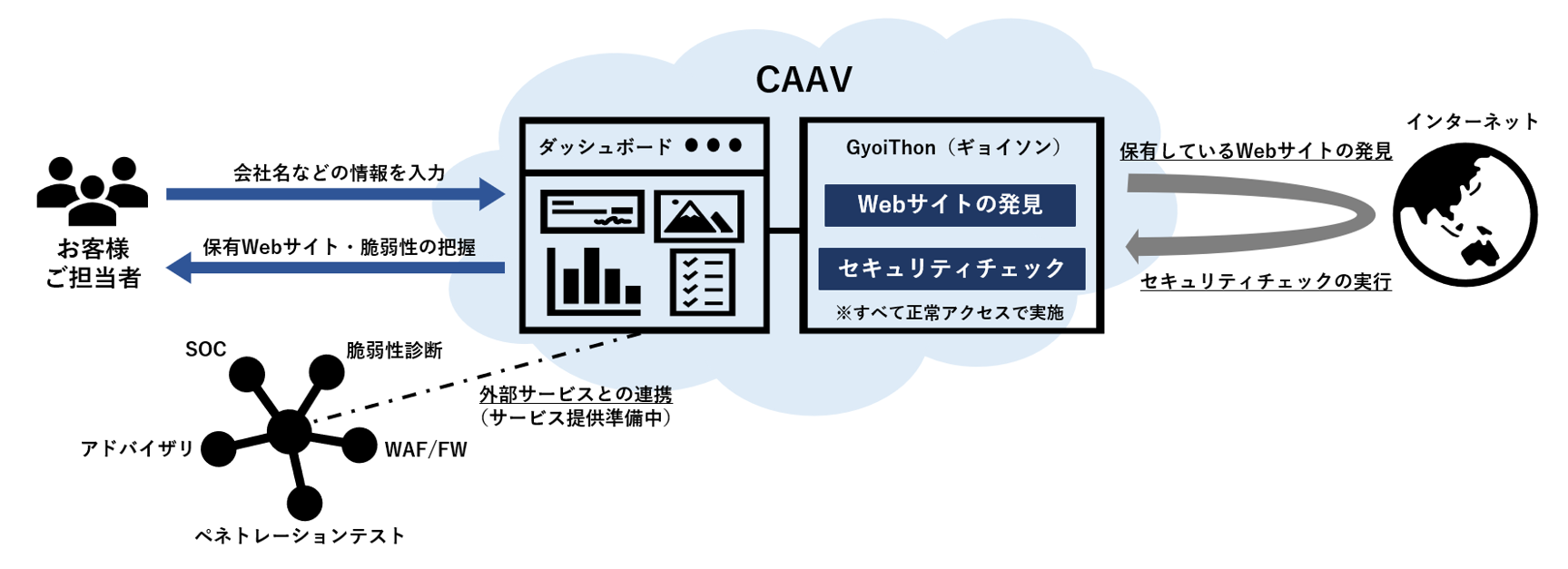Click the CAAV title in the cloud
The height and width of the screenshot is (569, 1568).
tap(804, 80)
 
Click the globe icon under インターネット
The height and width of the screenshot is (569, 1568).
tap(1464, 215)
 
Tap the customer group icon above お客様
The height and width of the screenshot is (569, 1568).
tap(92, 191)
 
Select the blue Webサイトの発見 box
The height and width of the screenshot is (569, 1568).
tap(950, 205)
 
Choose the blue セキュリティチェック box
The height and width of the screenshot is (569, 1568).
tap(952, 269)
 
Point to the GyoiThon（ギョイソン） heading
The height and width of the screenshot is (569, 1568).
tap(952, 148)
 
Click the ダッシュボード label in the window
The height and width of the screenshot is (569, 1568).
tap(605, 147)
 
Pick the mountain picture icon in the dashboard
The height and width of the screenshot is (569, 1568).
tap(698, 216)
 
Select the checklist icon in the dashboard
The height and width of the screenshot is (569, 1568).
tap(702, 281)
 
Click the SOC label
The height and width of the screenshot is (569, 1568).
tap(205, 349)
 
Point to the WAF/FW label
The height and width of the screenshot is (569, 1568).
tap(426, 450)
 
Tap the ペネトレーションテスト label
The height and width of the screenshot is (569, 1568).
tap(300, 536)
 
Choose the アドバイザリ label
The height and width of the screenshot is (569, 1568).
tap(137, 448)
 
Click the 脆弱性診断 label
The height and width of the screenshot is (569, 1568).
tap(394, 350)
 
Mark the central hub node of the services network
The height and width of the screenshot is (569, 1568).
tap(289, 431)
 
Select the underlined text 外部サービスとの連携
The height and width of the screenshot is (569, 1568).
tap(576, 394)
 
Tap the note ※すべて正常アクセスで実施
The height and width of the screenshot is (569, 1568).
tap(950, 313)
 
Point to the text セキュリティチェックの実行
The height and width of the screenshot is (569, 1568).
tap(1266, 282)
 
